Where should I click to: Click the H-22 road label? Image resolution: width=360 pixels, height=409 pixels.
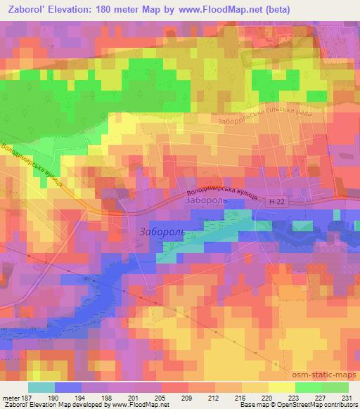(x=277, y=202)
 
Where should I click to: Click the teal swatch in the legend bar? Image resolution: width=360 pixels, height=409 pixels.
(x=41, y=387)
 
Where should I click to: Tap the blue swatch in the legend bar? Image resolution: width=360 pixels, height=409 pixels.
(x=68, y=387)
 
